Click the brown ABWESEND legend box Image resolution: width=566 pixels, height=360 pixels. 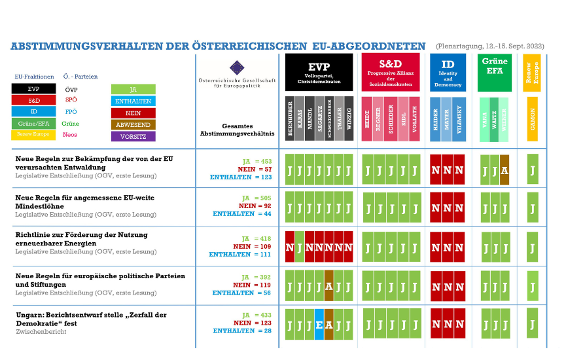coord(133,124)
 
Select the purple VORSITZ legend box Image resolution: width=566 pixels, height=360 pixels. coord(133,136)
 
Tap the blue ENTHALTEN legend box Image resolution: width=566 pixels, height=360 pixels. coord(133,101)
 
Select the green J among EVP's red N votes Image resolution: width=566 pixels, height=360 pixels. coord(300,247)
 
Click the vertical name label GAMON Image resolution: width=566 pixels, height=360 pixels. coord(533,118)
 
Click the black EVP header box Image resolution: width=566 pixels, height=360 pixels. coord(319,72)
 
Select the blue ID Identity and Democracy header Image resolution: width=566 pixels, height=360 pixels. coord(448,72)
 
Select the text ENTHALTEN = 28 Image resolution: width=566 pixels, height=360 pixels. coord(242,331)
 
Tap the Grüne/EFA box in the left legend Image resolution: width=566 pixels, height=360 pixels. coord(33,123)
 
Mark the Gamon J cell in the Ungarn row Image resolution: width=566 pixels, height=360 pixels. coord(533,324)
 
